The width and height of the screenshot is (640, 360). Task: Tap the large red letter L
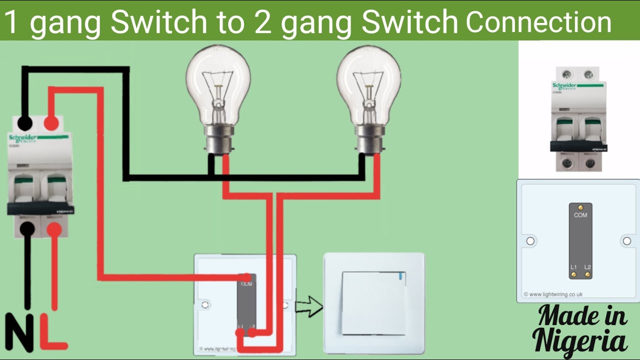point(51,333)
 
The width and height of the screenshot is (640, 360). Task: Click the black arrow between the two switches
point(309,306)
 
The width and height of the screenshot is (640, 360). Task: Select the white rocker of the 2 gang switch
point(373,303)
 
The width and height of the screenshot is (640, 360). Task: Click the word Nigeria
point(580,340)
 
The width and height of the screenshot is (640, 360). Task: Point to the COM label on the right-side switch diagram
point(580,215)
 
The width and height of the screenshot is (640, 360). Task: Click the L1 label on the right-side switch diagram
point(573,267)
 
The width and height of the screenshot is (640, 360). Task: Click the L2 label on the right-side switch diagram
point(588,267)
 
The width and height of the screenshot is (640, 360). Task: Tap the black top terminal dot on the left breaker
point(24,123)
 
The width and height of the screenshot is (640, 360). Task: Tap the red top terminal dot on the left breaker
point(50,123)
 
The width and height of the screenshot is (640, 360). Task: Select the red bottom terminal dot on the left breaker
point(54,229)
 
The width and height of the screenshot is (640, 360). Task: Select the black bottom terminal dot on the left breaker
point(27,229)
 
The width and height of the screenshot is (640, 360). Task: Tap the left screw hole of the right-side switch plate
point(530,241)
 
